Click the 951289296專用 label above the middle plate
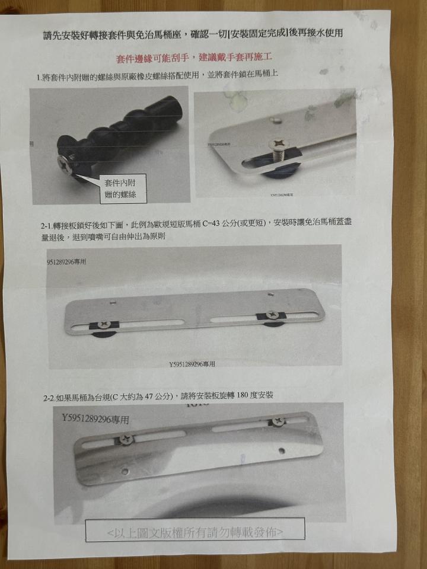[x=66, y=261]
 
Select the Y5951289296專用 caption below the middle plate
[x=192, y=364]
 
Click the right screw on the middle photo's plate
[x=272, y=315]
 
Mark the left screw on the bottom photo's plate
[x=125, y=439]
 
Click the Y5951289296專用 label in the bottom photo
[x=95, y=420]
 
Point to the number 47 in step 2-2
[x=152, y=396]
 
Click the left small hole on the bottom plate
[x=125, y=472]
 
